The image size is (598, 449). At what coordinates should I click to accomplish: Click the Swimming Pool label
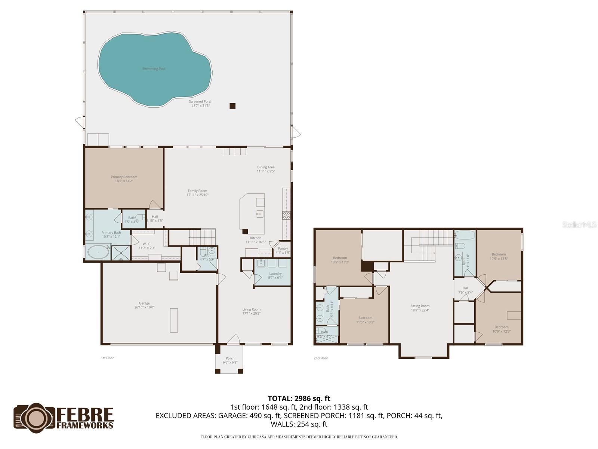[154, 69]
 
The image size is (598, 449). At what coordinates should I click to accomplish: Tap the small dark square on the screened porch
[232, 106]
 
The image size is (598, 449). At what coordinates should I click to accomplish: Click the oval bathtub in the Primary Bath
[98, 253]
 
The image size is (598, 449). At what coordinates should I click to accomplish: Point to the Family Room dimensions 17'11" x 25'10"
[197, 195]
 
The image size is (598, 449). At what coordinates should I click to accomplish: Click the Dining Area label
[266, 167]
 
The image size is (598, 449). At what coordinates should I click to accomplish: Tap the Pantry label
[283, 248]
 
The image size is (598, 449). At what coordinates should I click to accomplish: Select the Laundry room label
[275, 274]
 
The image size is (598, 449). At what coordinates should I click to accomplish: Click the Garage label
[144, 303]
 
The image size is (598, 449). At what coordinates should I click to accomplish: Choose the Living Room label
[251, 309]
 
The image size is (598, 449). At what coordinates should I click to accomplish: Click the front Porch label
[230, 358]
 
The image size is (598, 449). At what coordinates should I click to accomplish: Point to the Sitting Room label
[420, 306]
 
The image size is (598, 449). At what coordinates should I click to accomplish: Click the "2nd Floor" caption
[321, 358]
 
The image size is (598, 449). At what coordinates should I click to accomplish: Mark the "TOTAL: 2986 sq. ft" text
[299, 398]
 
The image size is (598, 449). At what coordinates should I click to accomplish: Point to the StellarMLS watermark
[579, 225]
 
